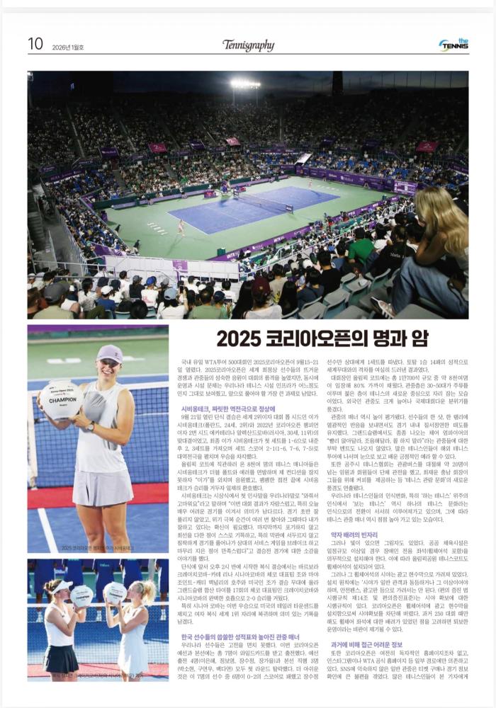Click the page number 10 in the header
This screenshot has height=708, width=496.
pos(35,44)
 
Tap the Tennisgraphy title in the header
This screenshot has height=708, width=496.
pos(248,45)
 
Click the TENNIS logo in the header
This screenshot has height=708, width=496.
pos(453,45)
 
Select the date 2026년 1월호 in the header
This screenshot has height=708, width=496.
pos(68,47)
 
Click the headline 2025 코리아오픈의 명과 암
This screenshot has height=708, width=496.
pos(322,338)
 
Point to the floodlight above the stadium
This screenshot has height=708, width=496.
pos(245,84)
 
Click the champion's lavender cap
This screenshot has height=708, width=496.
pos(109,353)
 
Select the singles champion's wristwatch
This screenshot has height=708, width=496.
pos(91,426)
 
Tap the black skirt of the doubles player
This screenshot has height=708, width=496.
pos(61,658)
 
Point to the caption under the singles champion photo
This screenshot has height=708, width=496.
pos(97,547)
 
